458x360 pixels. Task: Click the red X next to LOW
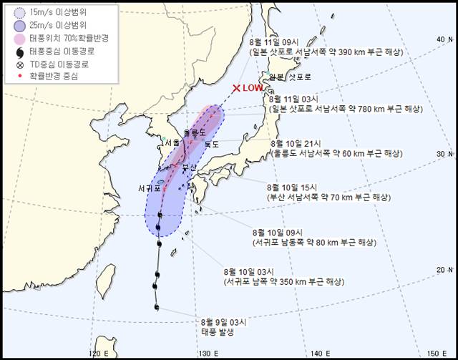point(236,88)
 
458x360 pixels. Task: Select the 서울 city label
point(172,142)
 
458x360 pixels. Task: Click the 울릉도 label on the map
point(193,132)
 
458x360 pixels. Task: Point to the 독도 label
point(212,145)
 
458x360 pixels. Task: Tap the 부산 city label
point(189,167)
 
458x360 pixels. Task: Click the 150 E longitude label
point(434,353)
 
